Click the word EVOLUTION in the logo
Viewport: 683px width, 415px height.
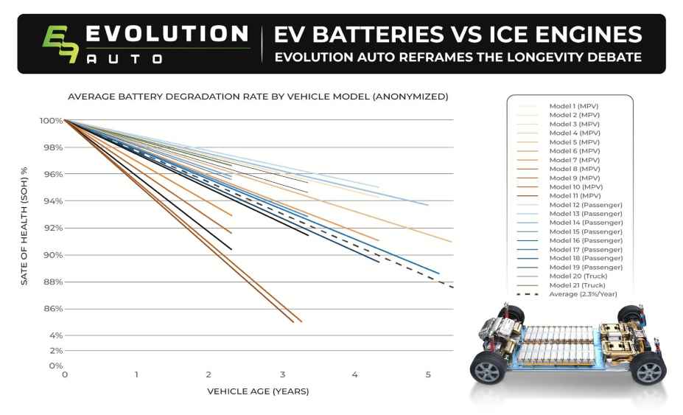click(167, 34)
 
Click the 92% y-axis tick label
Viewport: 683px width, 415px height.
click(52, 228)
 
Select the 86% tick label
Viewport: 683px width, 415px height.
click(52, 309)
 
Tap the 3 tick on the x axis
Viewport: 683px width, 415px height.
click(283, 375)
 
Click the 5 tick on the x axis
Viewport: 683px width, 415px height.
click(428, 375)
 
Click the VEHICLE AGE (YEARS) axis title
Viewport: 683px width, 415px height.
click(258, 391)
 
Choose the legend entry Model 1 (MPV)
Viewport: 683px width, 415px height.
click(574, 106)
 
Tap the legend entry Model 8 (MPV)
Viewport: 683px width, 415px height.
click(574, 169)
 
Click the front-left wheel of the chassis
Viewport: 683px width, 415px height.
click(488, 366)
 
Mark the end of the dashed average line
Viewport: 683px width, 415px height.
click(452, 287)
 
